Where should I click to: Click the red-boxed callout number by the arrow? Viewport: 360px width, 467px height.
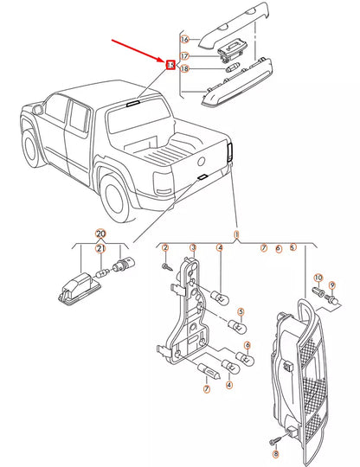click(x=170, y=63)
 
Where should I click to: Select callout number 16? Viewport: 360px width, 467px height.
click(x=184, y=40)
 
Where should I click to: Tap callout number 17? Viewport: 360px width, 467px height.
click(x=184, y=56)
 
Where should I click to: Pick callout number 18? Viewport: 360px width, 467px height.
click(x=184, y=69)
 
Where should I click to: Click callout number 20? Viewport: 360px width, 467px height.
click(x=100, y=234)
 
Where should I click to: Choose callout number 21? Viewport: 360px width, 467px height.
click(x=100, y=249)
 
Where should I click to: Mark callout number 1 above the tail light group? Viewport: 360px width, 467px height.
click(x=236, y=234)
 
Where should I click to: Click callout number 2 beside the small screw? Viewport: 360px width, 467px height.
click(x=165, y=248)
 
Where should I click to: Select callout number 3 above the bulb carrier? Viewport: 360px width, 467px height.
click(x=193, y=248)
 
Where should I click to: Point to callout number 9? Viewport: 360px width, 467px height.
click(x=331, y=285)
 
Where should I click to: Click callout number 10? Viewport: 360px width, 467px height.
click(x=318, y=278)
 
